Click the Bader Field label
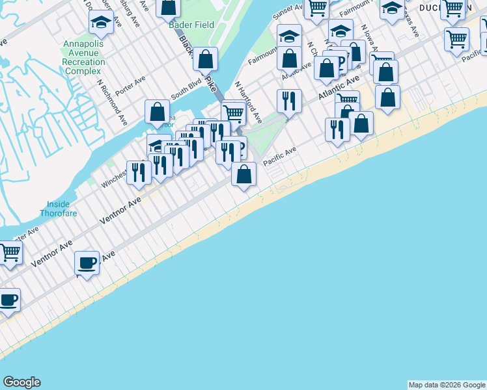[x=187, y=25]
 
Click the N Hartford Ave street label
[x=248, y=102]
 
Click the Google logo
[x=21, y=382]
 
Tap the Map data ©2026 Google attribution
[x=447, y=385]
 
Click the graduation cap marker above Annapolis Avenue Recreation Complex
[x=100, y=23]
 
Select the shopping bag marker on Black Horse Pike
[x=206, y=60]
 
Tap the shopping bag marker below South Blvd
[x=157, y=112]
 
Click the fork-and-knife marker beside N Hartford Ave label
[x=288, y=101]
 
